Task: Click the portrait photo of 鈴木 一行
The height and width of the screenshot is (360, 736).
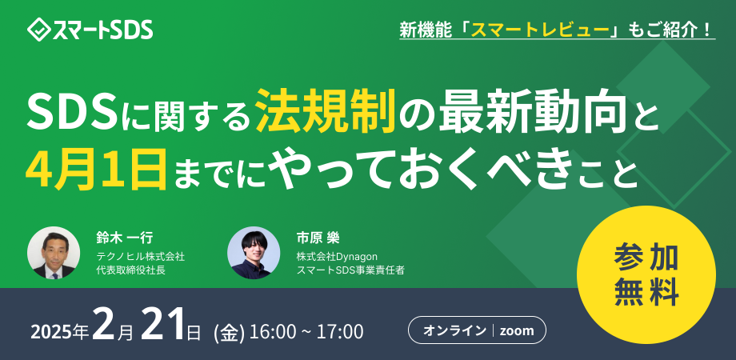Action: (x=54, y=253)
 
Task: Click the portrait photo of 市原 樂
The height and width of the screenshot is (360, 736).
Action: (x=253, y=253)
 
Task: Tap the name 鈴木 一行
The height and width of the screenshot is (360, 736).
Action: (x=124, y=238)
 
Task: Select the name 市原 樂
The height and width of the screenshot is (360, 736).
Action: (x=318, y=238)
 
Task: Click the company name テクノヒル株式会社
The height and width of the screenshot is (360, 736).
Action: (x=140, y=256)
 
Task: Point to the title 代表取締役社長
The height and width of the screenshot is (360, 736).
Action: (x=130, y=270)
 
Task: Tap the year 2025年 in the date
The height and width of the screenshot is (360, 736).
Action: (x=61, y=331)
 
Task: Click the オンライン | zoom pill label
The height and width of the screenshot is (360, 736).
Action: (x=477, y=330)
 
